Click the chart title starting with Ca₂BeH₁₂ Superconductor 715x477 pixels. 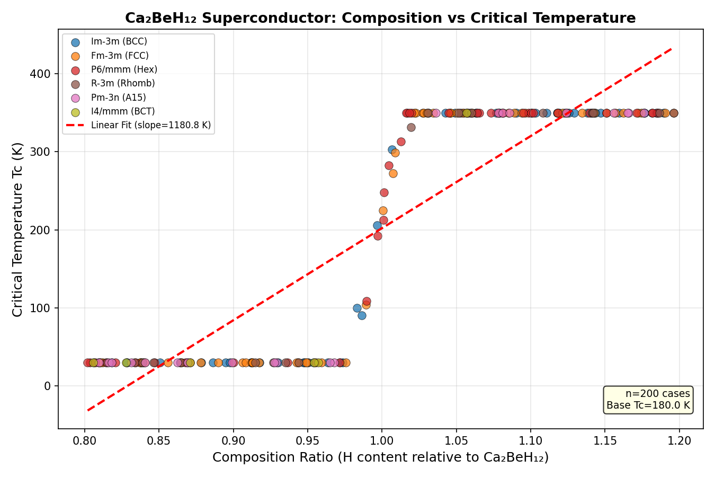pos(380,18)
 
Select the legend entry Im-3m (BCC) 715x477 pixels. pos(119,42)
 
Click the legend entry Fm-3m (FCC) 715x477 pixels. pos(120,56)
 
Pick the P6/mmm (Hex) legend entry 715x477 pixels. pos(124,69)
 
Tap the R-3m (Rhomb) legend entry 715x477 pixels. pos(123,84)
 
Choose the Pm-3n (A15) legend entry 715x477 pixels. pos(118,98)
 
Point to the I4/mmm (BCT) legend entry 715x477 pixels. pos(123,111)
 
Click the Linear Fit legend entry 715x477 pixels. pos(150,126)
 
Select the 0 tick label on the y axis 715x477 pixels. pos(48,386)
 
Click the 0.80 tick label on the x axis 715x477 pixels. pos(84,441)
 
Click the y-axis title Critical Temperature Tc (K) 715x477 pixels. pos(17,229)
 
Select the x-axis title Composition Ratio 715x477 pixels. pos(380,457)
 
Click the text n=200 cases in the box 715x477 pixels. pos(657,394)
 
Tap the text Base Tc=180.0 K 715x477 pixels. pos(648,405)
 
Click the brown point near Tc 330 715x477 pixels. pos(411,127)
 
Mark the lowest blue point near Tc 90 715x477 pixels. pos(362,315)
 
